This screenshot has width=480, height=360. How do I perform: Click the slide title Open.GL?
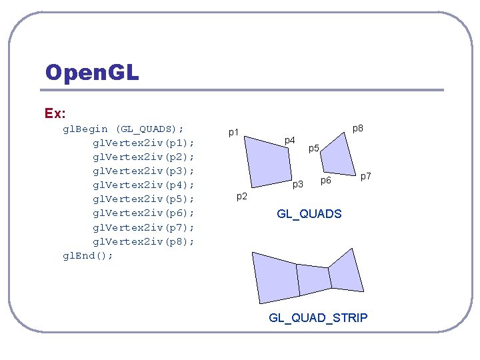tap(92, 72)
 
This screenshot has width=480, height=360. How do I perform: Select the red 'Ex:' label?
tap(55, 113)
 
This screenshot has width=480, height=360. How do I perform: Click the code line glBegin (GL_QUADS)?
tap(123, 129)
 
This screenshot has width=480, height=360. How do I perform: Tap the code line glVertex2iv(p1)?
tap(143, 143)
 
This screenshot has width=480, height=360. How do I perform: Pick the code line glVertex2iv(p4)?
tap(143, 185)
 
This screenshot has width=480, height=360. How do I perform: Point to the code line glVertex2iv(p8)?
tap(143, 241)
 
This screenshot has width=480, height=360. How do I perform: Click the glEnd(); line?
tap(88, 255)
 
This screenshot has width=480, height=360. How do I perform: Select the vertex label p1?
tap(233, 132)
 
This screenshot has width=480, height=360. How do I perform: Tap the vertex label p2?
tap(242, 196)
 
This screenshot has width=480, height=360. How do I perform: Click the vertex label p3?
tap(298, 183)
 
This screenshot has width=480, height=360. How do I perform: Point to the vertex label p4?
tap(289, 140)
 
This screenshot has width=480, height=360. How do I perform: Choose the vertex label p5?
tap(314, 147)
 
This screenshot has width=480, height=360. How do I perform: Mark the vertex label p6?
tap(326, 180)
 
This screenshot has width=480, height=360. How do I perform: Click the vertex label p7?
tap(365, 176)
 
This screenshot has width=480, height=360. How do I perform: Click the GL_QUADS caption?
tap(309, 214)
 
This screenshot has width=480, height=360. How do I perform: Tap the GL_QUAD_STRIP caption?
tap(318, 317)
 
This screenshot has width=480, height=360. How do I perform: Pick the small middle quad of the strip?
tap(313, 279)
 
